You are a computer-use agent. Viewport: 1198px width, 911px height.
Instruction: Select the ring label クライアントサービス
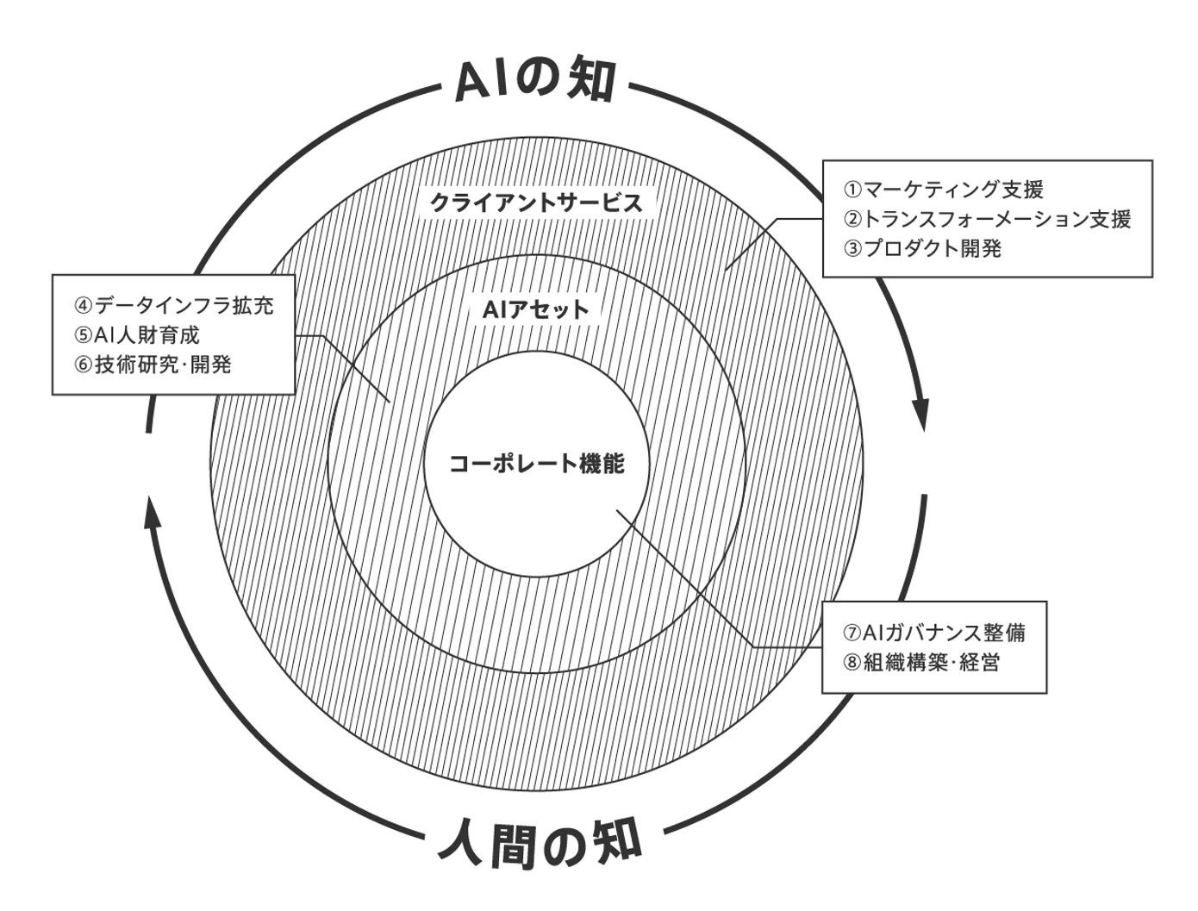click(x=536, y=204)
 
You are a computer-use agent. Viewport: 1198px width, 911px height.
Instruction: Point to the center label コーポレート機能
click(x=536, y=464)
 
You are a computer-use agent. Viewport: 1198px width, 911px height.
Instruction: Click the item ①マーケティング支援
click(x=943, y=190)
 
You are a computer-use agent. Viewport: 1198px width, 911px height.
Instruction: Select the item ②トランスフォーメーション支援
click(x=987, y=219)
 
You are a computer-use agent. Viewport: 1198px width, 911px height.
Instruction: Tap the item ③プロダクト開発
click(x=923, y=248)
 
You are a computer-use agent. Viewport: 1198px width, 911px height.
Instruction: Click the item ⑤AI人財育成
click(x=137, y=335)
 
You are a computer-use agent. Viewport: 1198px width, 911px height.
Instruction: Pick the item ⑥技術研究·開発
click(x=153, y=365)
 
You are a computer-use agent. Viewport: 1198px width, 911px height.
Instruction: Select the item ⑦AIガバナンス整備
click(x=934, y=633)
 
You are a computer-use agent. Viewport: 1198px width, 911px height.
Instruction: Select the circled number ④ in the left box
click(x=84, y=306)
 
